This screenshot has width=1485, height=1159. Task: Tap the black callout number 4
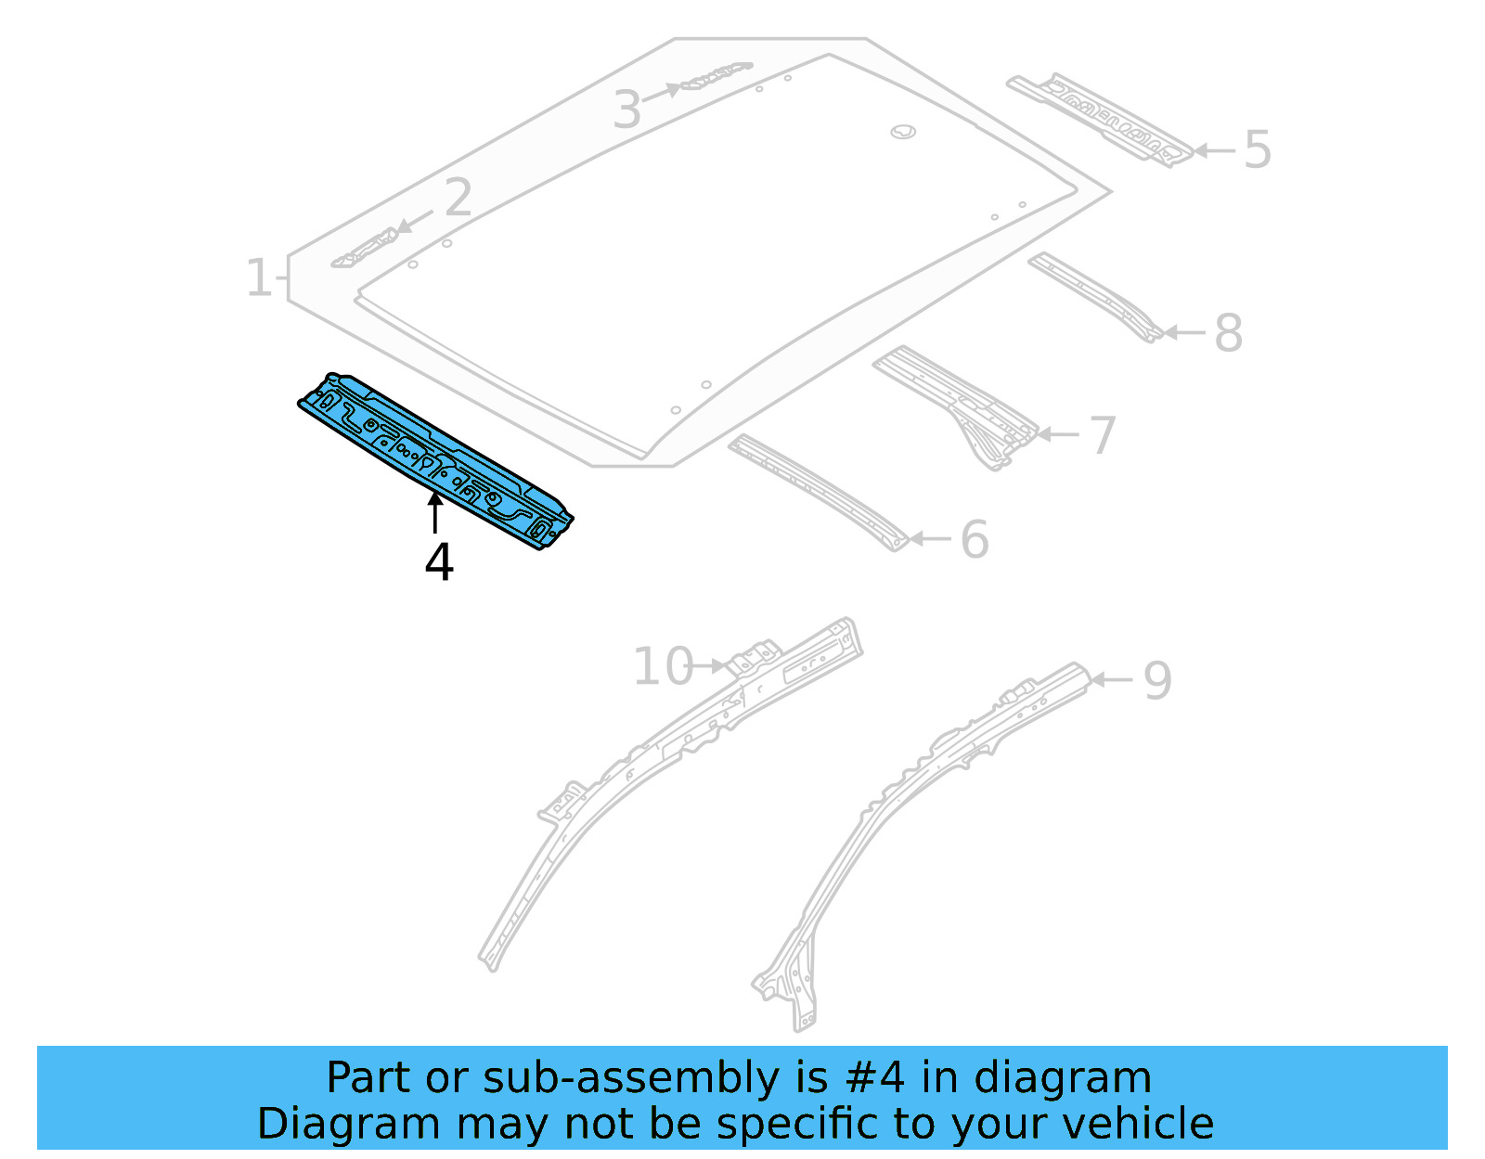(439, 562)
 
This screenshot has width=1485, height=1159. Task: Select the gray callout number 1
(258, 277)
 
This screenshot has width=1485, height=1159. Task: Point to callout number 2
(458, 199)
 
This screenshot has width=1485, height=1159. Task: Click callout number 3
(627, 110)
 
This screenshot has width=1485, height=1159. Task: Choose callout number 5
(1257, 149)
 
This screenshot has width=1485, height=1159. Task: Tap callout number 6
(975, 540)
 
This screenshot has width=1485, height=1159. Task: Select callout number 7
(1102, 435)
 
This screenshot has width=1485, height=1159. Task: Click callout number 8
(1228, 333)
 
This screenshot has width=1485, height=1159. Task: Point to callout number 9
(1157, 681)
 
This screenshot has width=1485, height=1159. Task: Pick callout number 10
(662, 667)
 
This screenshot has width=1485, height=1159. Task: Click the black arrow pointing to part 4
(434, 513)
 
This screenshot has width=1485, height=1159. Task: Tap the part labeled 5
(1101, 119)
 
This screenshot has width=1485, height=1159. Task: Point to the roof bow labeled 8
(1095, 295)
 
